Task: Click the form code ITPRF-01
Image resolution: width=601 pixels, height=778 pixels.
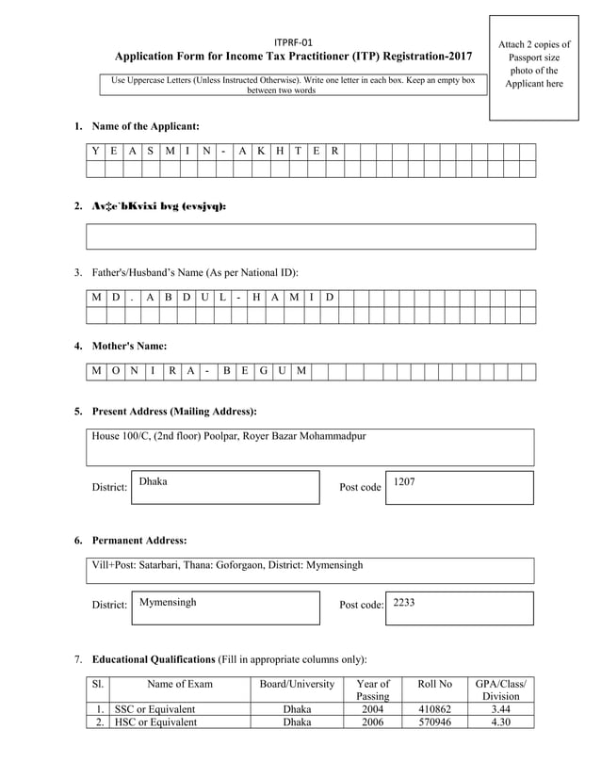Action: [x=293, y=42]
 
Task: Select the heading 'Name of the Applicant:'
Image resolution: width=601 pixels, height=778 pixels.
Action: [x=145, y=125]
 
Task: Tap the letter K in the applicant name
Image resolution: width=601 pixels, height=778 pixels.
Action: [x=261, y=152]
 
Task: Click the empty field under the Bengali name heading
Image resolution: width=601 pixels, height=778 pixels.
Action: [x=311, y=236]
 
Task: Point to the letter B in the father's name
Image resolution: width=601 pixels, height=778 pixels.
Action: [x=169, y=298]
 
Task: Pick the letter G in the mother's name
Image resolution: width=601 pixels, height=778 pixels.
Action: [x=264, y=371]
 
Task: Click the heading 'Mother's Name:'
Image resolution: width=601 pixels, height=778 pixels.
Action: [x=129, y=346]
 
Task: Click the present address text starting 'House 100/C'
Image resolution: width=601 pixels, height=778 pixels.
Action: [x=229, y=436]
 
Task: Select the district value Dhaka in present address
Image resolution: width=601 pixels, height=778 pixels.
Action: [x=153, y=480]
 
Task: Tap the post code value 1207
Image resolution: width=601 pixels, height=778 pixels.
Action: [x=404, y=481]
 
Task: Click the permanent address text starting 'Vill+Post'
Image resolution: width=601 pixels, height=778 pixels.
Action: [x=227, y=565]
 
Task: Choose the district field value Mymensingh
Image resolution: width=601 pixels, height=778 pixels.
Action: [x=168, y=601]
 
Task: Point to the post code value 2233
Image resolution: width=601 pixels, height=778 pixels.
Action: [x=404, y=601]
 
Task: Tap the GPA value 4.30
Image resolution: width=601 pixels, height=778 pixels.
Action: [x=500, y=722]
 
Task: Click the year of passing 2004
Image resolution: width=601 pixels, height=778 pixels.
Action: [x=373, y=709]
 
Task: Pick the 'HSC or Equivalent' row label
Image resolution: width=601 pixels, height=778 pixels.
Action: [x=155, y=722]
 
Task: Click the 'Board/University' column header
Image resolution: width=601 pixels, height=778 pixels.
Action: [x=297, y=683]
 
